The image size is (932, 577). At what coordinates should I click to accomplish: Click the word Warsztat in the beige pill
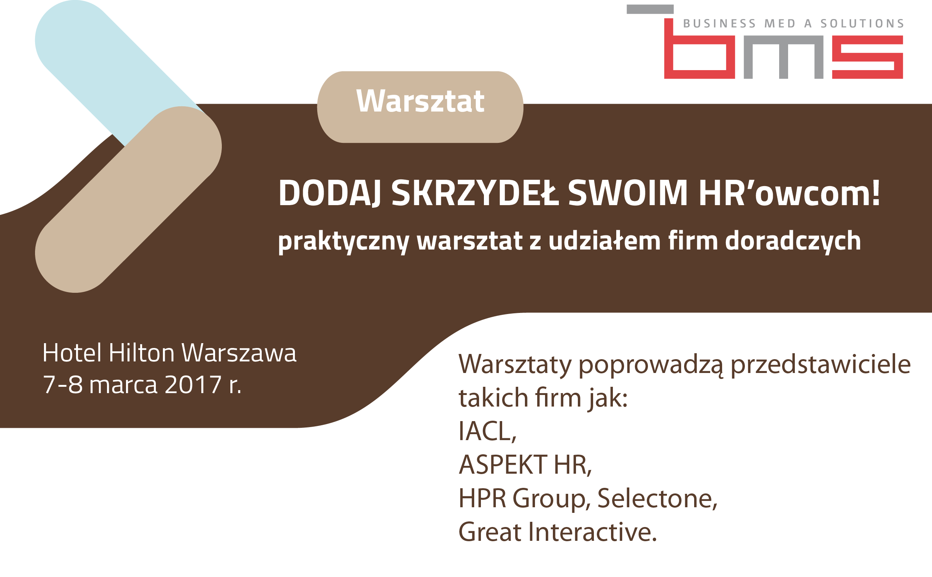420,101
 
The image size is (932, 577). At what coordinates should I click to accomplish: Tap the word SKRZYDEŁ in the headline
475,194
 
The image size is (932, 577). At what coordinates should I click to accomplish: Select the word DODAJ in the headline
330,194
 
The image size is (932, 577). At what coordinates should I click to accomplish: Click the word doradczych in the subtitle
793,241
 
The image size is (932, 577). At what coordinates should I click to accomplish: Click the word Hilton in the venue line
141,352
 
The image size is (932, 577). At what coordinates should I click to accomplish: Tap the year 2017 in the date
193,384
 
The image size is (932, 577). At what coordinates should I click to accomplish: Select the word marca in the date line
123,385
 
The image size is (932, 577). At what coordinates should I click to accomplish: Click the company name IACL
486,431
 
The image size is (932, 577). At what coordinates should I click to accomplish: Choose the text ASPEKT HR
525,465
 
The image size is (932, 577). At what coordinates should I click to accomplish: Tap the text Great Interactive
557,532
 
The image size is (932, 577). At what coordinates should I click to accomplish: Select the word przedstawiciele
820,364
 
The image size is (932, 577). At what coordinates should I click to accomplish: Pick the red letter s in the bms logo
867,57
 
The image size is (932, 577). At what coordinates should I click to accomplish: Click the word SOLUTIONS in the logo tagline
862,23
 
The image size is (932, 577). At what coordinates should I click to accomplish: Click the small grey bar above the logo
650,9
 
